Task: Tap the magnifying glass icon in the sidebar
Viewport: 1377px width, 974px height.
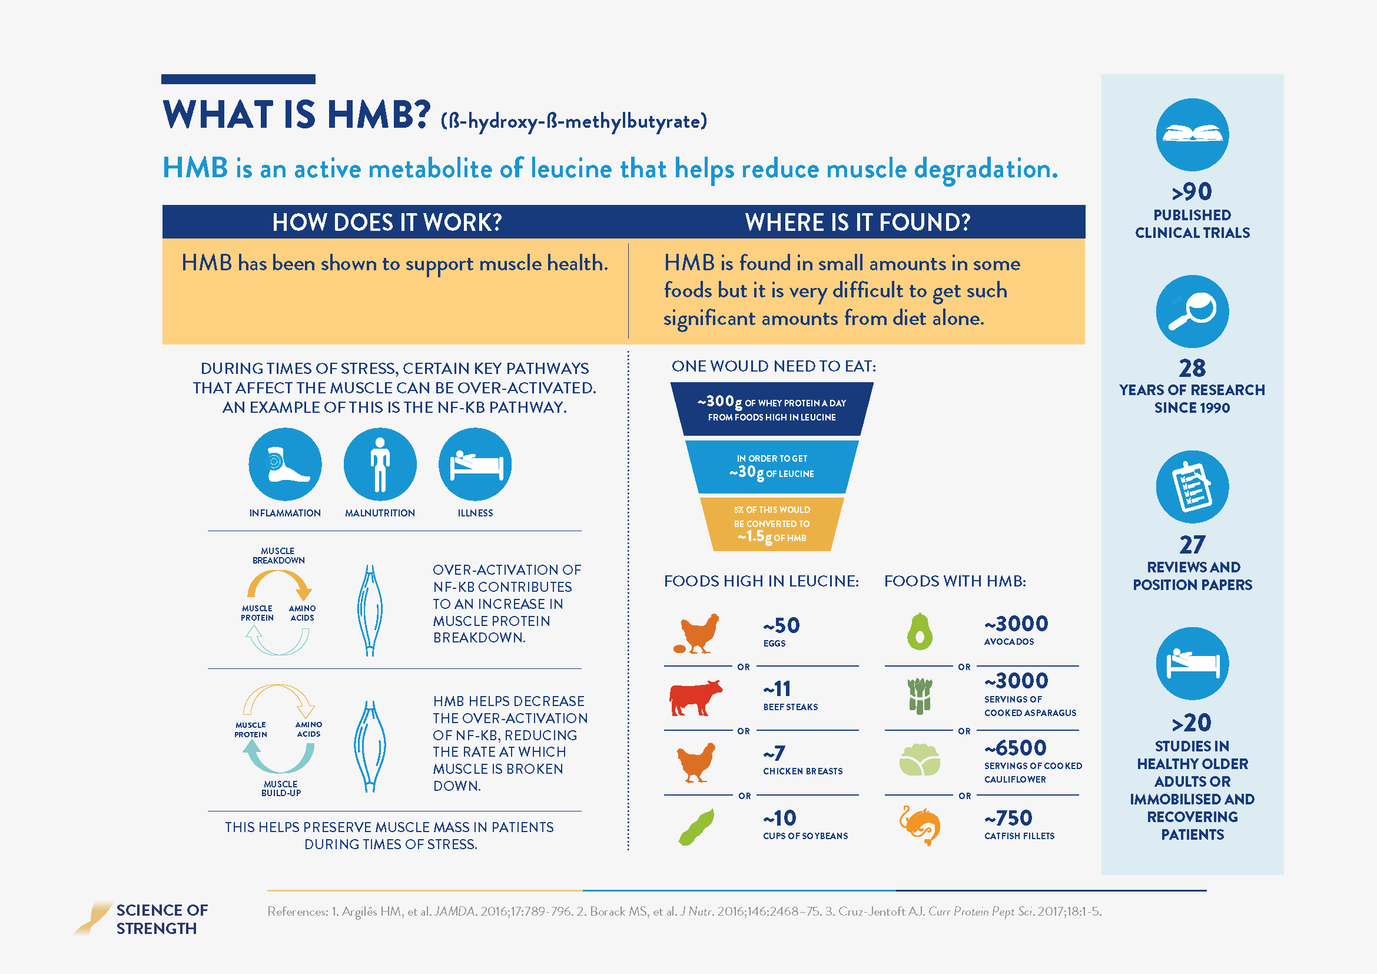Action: (x=1192, y=312)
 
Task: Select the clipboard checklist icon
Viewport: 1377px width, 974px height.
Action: (x=1192, y=487)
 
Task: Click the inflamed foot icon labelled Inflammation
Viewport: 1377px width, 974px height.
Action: (x=285, y=464)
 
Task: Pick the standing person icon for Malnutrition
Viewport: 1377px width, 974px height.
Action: (x=380, y=464)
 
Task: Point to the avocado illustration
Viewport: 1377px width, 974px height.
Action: (x=920, y=631)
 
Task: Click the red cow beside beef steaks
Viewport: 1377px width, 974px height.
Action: (x=695, y=697)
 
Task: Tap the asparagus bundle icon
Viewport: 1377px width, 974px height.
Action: (x=920, y=695)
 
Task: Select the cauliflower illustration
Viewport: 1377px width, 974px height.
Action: (x=920, y=760)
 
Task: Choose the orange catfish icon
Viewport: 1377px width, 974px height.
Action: (x=920, y=825)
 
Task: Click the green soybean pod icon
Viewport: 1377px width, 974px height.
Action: (x=696, y=827)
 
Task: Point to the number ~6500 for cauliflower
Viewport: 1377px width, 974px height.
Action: (x=1016, y=748)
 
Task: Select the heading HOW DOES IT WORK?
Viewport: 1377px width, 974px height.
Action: (x=387, y=223)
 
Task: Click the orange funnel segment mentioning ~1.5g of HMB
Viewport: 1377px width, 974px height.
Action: (x=772, y=524)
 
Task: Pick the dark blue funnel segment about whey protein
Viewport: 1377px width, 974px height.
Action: (x=772, y=409)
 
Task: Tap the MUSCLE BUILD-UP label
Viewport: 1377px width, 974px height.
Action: (x=281, y=788)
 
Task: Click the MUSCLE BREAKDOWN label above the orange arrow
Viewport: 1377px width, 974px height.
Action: (x=278, y=555)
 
